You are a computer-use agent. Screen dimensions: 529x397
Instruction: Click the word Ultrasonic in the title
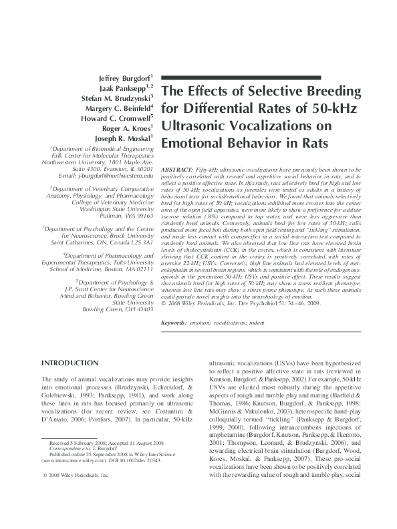(x=198, y=125)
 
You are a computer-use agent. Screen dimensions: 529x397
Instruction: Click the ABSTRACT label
(x=179, y=171)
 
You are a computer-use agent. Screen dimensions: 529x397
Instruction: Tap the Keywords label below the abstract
(x=174, y=323)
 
